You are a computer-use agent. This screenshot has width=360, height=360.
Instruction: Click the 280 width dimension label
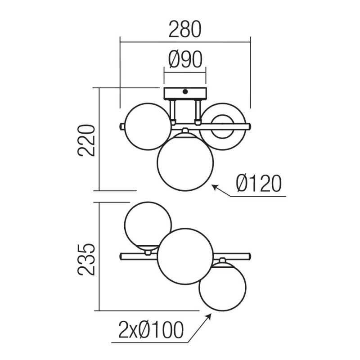184,30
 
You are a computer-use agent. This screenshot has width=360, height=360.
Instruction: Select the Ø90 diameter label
185,60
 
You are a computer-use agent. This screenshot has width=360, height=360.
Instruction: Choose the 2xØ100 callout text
150,331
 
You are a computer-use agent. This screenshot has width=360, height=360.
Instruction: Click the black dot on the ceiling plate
185,92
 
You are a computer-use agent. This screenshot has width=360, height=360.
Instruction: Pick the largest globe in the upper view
185,161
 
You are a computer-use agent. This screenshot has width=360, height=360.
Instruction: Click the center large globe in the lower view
185,256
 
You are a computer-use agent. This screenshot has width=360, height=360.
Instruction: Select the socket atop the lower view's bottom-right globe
222,261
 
